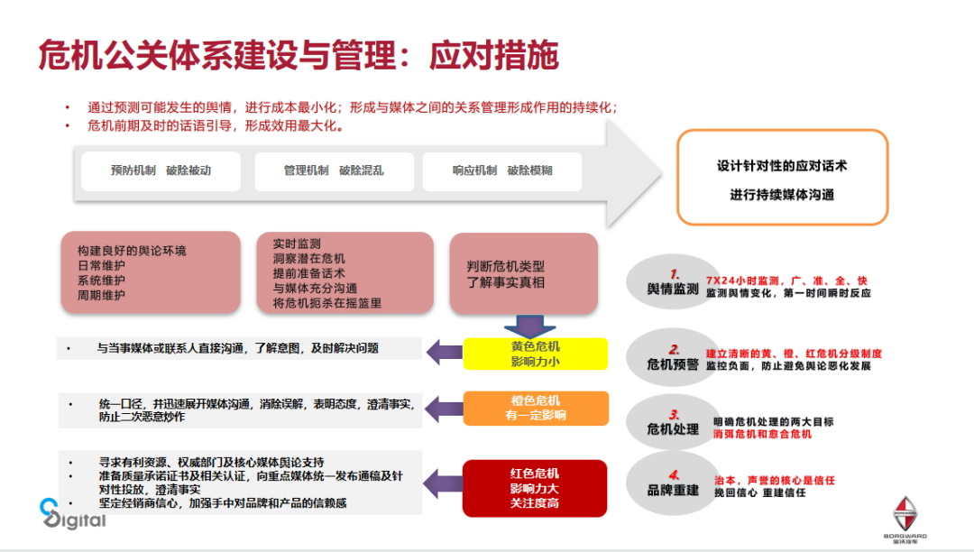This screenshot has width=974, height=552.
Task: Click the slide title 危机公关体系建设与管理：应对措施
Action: point(299,56)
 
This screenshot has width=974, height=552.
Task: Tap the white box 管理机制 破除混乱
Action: point(334,170)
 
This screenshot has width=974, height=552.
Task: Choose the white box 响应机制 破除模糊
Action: point(502,170)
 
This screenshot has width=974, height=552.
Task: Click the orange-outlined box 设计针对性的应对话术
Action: point(782,178)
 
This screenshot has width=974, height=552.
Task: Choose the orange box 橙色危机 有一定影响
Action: point(535,409)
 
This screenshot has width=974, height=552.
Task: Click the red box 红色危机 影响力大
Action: point(535,488)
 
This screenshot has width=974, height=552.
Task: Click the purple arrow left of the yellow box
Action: point(445,353)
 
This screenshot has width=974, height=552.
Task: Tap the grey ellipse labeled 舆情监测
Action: point(673,282)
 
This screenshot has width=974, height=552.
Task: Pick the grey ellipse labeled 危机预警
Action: point(673,356)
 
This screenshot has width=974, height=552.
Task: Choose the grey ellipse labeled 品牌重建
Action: point(673,484)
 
